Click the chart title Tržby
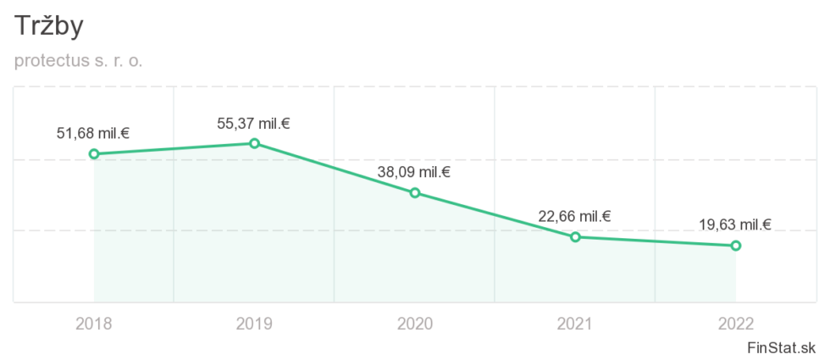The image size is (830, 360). click(48, 26)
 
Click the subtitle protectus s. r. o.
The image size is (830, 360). click(78, 62)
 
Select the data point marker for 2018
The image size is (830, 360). click(94, 154)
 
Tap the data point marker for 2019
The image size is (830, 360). click(254, 143)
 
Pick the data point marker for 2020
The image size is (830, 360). click(415, 193)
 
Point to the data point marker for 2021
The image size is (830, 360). click(575, 237)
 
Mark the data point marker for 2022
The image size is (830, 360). click(736, 246)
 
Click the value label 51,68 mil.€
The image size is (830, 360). click(92, 133)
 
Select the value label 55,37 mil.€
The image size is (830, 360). click(253, 123)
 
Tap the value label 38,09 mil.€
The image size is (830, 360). click(413, 173)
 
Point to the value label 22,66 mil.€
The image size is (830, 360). click(574, 216)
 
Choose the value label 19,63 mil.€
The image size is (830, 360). click(734, 225)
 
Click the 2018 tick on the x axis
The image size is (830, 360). click(93, 324)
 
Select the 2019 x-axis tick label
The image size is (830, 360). click(254, 324)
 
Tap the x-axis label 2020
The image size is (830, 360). click(414, 324)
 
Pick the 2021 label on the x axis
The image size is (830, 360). click(575, 324)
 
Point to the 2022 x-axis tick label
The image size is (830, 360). click(735, 324)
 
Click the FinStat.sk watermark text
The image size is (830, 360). click(782, 347)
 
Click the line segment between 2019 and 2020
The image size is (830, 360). click(335, 169)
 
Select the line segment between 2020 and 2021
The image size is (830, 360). click(495, 215)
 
